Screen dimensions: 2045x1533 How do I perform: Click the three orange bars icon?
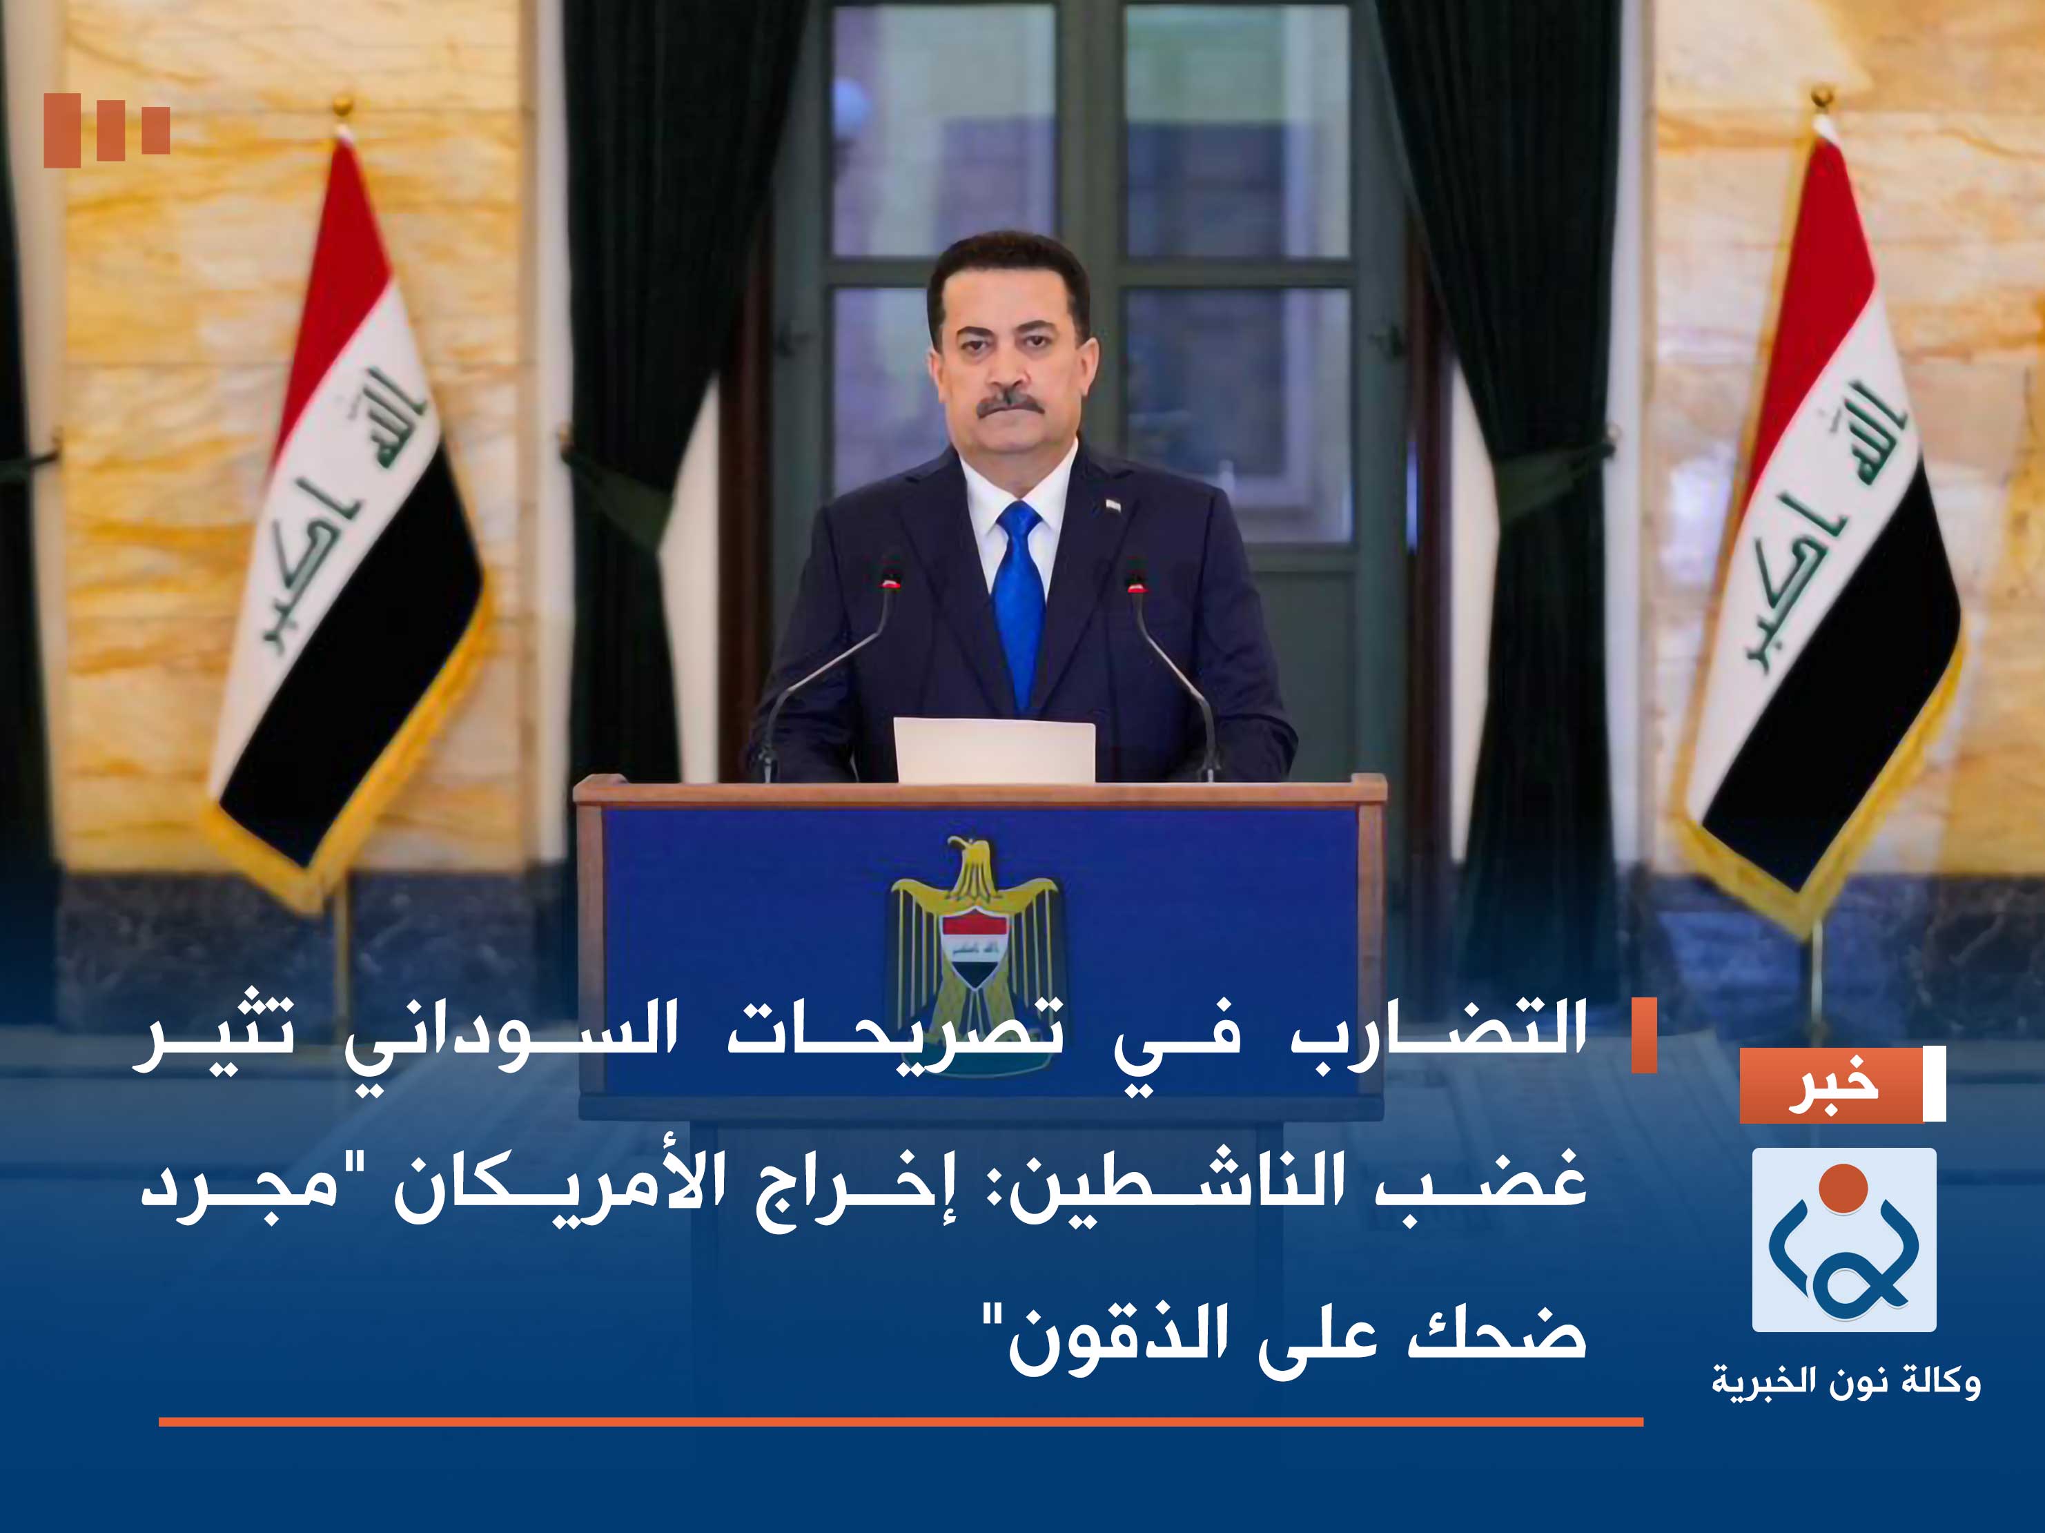106,130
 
